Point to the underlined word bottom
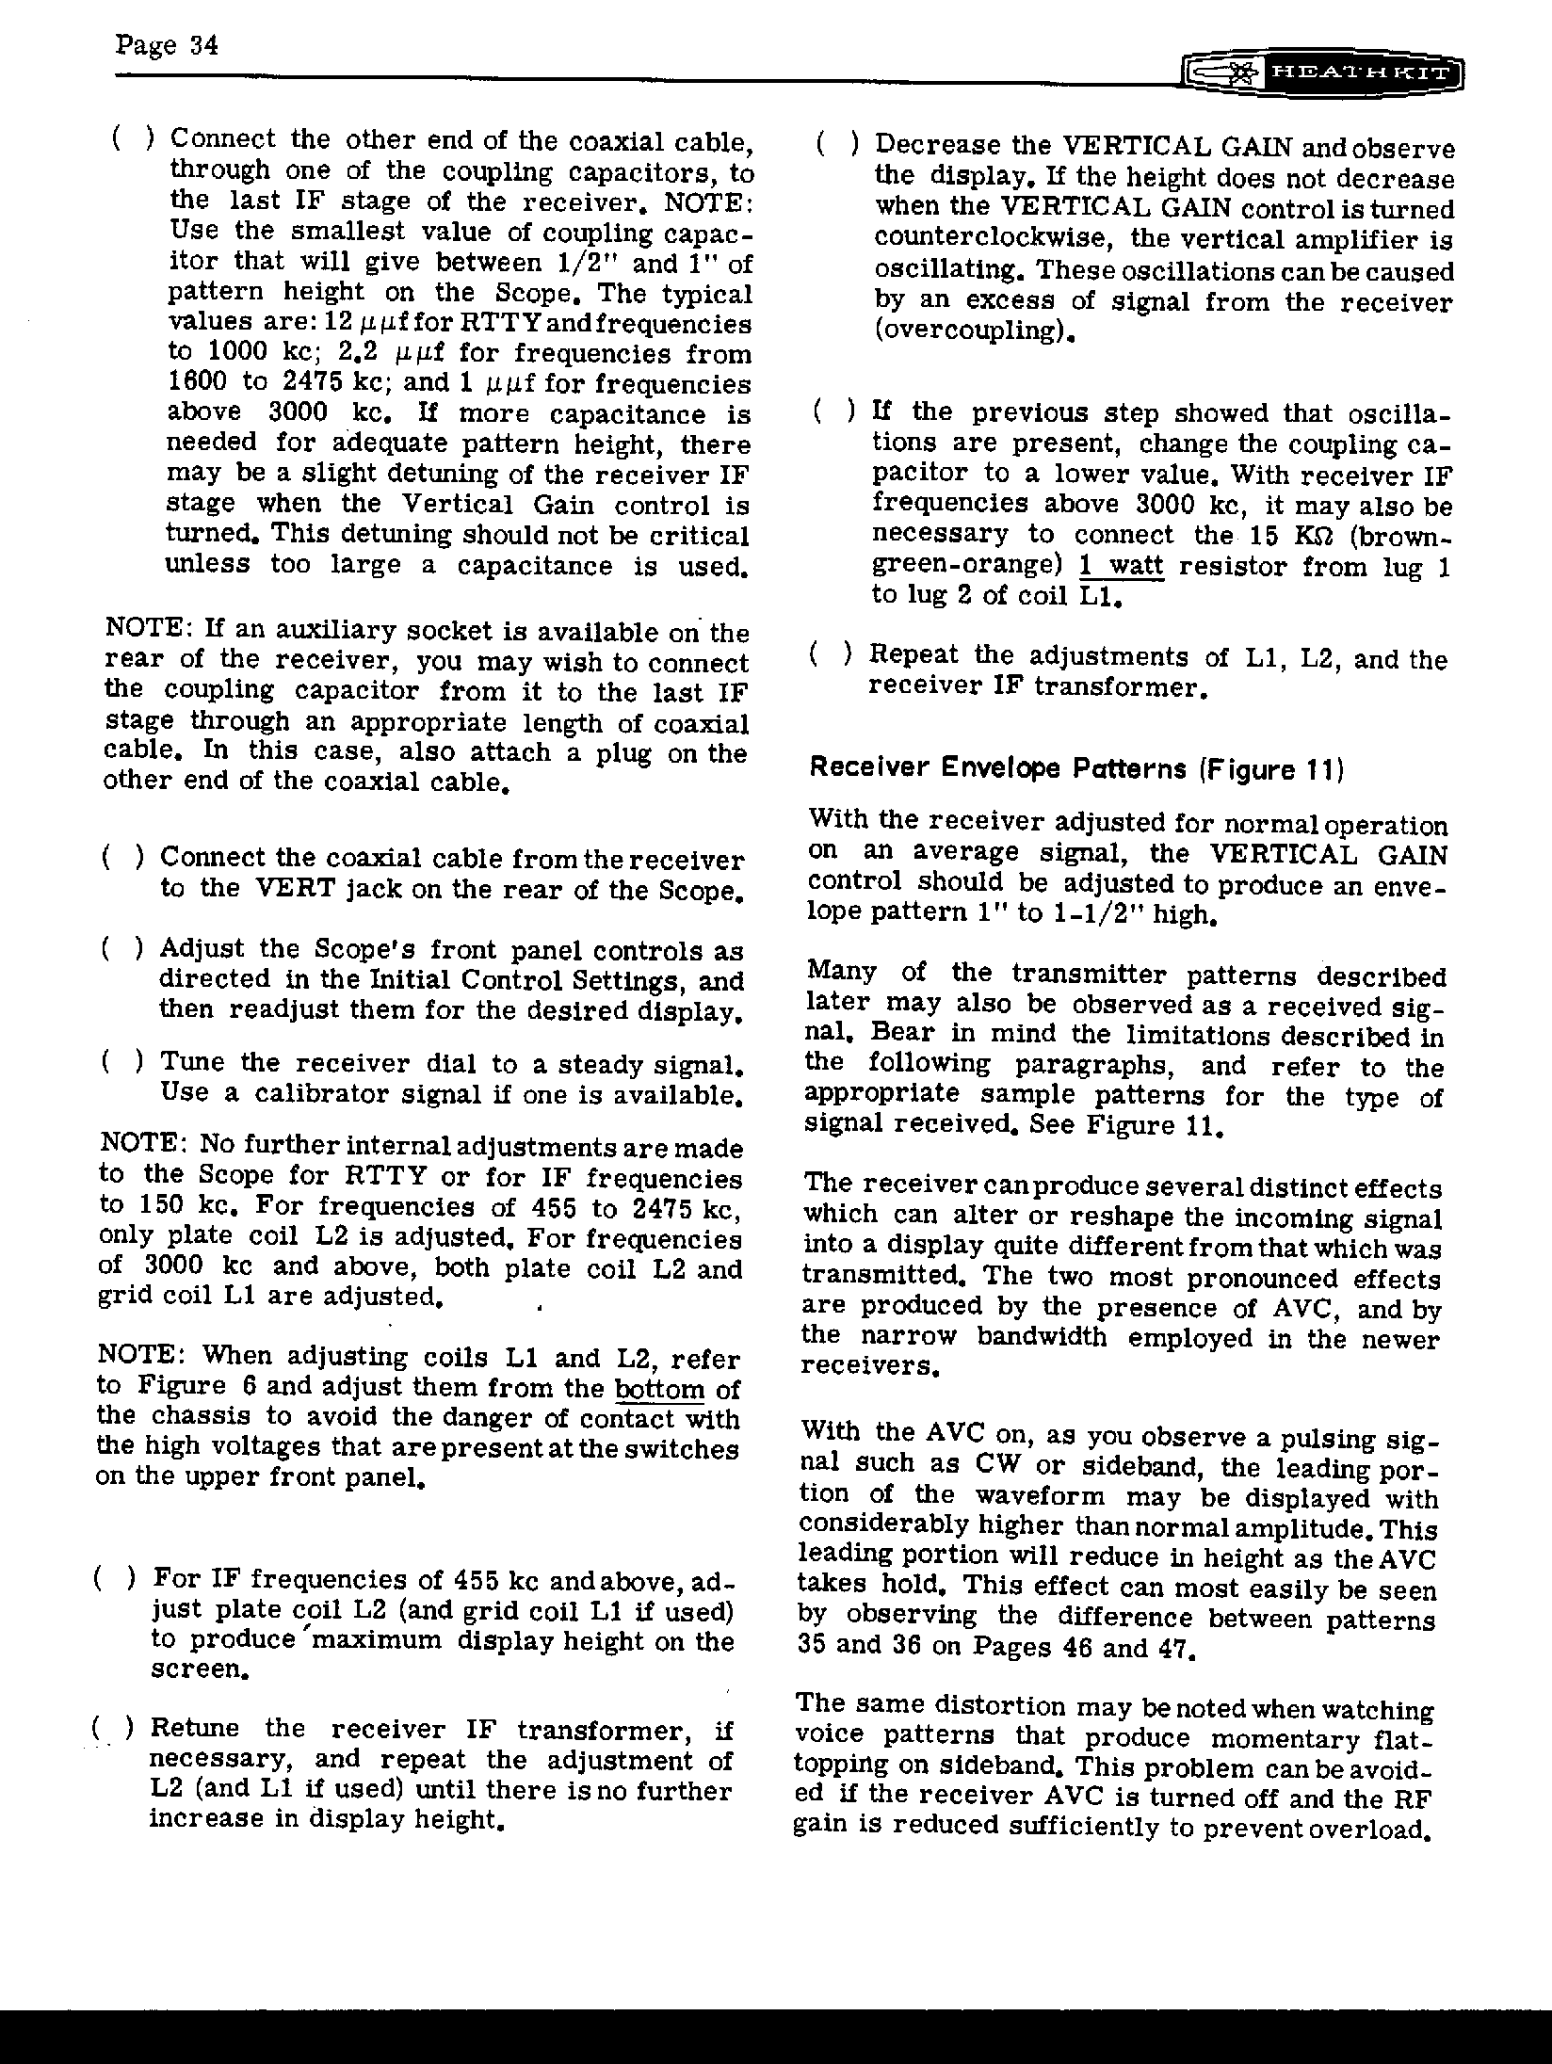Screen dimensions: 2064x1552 (x=659, y=1389)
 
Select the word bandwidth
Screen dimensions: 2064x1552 (x=1041, y=1338)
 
